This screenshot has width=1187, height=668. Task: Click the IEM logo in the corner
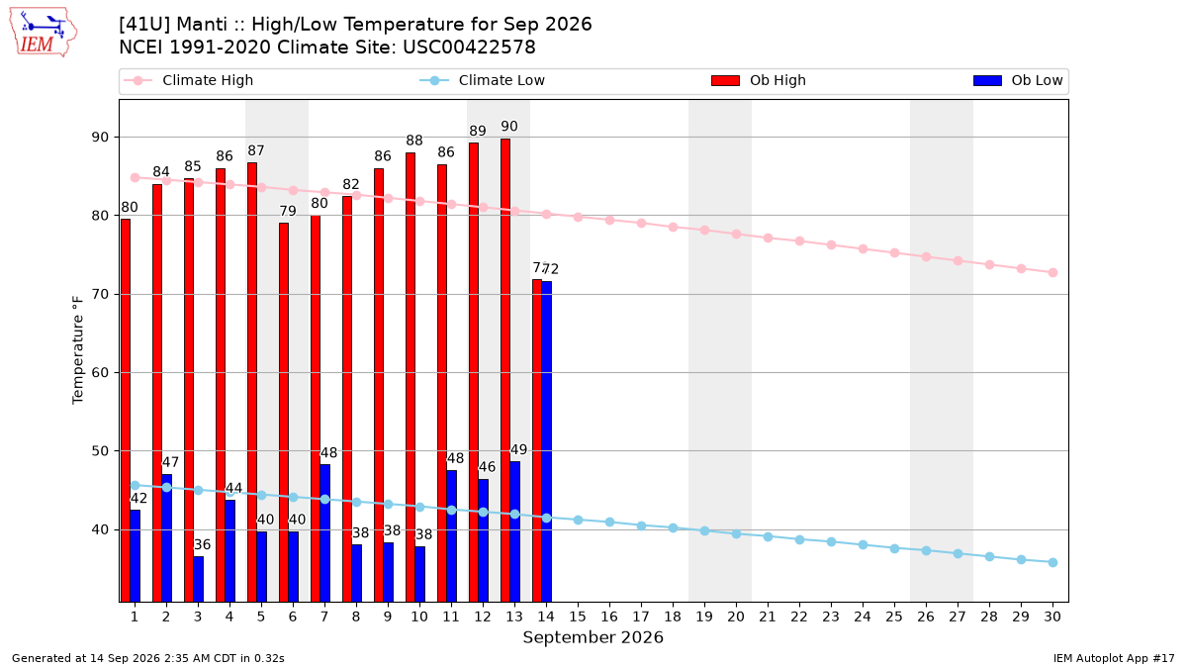click(43, 33)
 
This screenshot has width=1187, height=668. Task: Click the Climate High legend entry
click(188, 80)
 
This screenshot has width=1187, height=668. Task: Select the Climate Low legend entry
click(483, 80)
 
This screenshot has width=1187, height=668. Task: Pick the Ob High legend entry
click(759, 80)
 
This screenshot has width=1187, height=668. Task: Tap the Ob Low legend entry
click(1018, 80)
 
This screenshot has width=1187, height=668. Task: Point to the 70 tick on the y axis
click(100, 294)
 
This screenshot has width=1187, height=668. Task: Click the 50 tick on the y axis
click(100, 451)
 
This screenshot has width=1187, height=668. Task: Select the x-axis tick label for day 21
click(768, 617)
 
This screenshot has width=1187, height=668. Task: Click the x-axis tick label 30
click(1052, 617)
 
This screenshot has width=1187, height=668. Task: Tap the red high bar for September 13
click(505, 370)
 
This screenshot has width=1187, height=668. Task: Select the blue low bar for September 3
click(198, 579)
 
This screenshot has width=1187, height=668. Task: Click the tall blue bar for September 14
click(546, 441)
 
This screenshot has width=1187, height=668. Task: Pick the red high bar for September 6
click(284, 413)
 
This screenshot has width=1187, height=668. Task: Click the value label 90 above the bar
click(509, 127)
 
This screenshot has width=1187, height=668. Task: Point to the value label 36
click(202, 544)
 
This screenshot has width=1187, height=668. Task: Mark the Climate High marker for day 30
click(1052, 272)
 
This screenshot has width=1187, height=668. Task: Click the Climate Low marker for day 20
click(736, 533)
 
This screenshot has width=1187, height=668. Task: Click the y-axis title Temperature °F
click(78, 350)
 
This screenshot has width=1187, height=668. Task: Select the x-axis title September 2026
click(593, 637)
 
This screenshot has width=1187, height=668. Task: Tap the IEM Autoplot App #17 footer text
click(1114, 658)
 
